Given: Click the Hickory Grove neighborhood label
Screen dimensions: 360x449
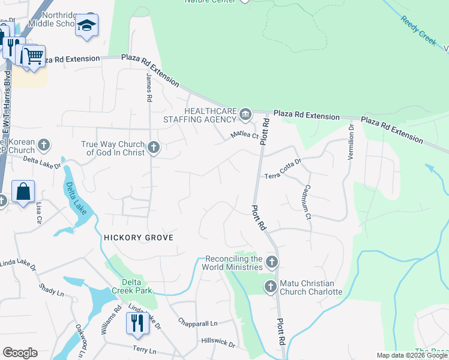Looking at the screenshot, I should coord(139,238).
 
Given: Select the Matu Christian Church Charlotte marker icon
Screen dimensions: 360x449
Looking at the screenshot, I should coord(271,287).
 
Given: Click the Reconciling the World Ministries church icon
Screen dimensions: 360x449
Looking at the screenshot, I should coord(272,262).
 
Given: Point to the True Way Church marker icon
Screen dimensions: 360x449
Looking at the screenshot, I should coord(154,147).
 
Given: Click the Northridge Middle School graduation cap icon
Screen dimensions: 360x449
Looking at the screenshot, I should coord(87,25).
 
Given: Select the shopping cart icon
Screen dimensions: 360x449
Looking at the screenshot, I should coord(34,56).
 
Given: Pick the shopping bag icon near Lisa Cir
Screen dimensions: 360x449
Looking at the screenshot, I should coord(23,192).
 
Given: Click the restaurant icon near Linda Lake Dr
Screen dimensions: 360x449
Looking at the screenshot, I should coord(137,323).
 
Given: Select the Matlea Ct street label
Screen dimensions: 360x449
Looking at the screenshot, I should coord(245,136).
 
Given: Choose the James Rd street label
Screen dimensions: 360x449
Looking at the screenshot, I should coord(149,89).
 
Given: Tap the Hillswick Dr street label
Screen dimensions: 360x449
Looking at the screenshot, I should coord(218,342).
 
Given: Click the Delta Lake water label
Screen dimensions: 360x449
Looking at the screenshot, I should coord(76,199).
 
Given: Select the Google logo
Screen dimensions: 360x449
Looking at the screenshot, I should coord(20,353).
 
